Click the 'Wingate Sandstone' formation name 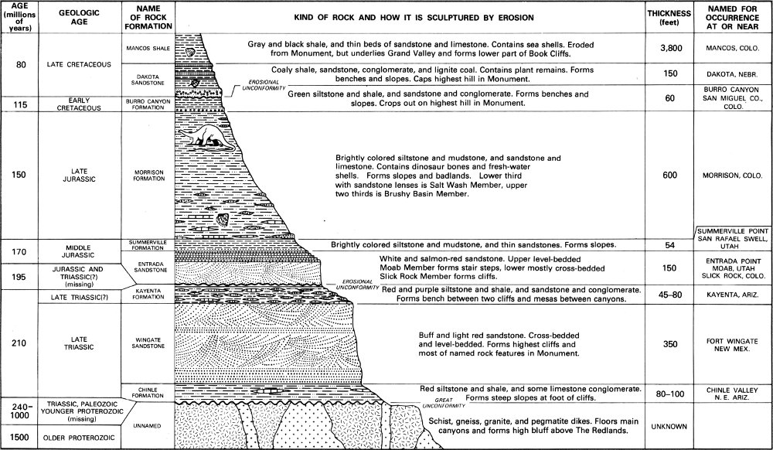pos(146,341)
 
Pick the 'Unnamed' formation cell pos(146,424)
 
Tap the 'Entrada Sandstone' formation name pos(146,267)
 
